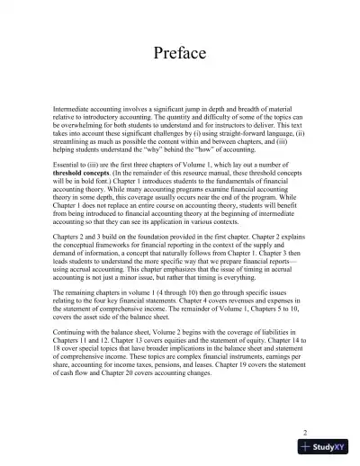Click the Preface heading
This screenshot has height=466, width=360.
click(180, 52)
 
